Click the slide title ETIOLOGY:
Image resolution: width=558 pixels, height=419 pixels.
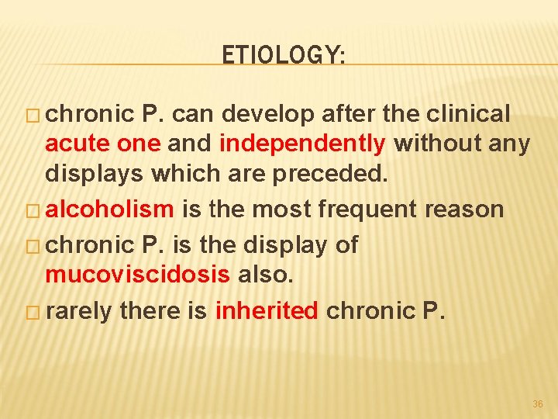[x=284, y=55]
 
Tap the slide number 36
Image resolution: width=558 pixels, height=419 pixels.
[x=538, y=404]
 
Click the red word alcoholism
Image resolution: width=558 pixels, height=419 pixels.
[x=110, y=209]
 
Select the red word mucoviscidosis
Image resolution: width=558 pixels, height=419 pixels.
[x=137, y=275]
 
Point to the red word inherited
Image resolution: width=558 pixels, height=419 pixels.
[x=267, y=310]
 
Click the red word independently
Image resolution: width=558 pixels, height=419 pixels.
[x=302, y=144]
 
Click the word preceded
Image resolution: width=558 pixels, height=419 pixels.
[x=344, y=172]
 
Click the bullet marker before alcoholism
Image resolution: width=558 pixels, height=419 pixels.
[x=36, y=209]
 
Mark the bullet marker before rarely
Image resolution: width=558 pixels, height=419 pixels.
[x=36, y=312]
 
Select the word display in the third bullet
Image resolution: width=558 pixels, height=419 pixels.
[x=288, y=245]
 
